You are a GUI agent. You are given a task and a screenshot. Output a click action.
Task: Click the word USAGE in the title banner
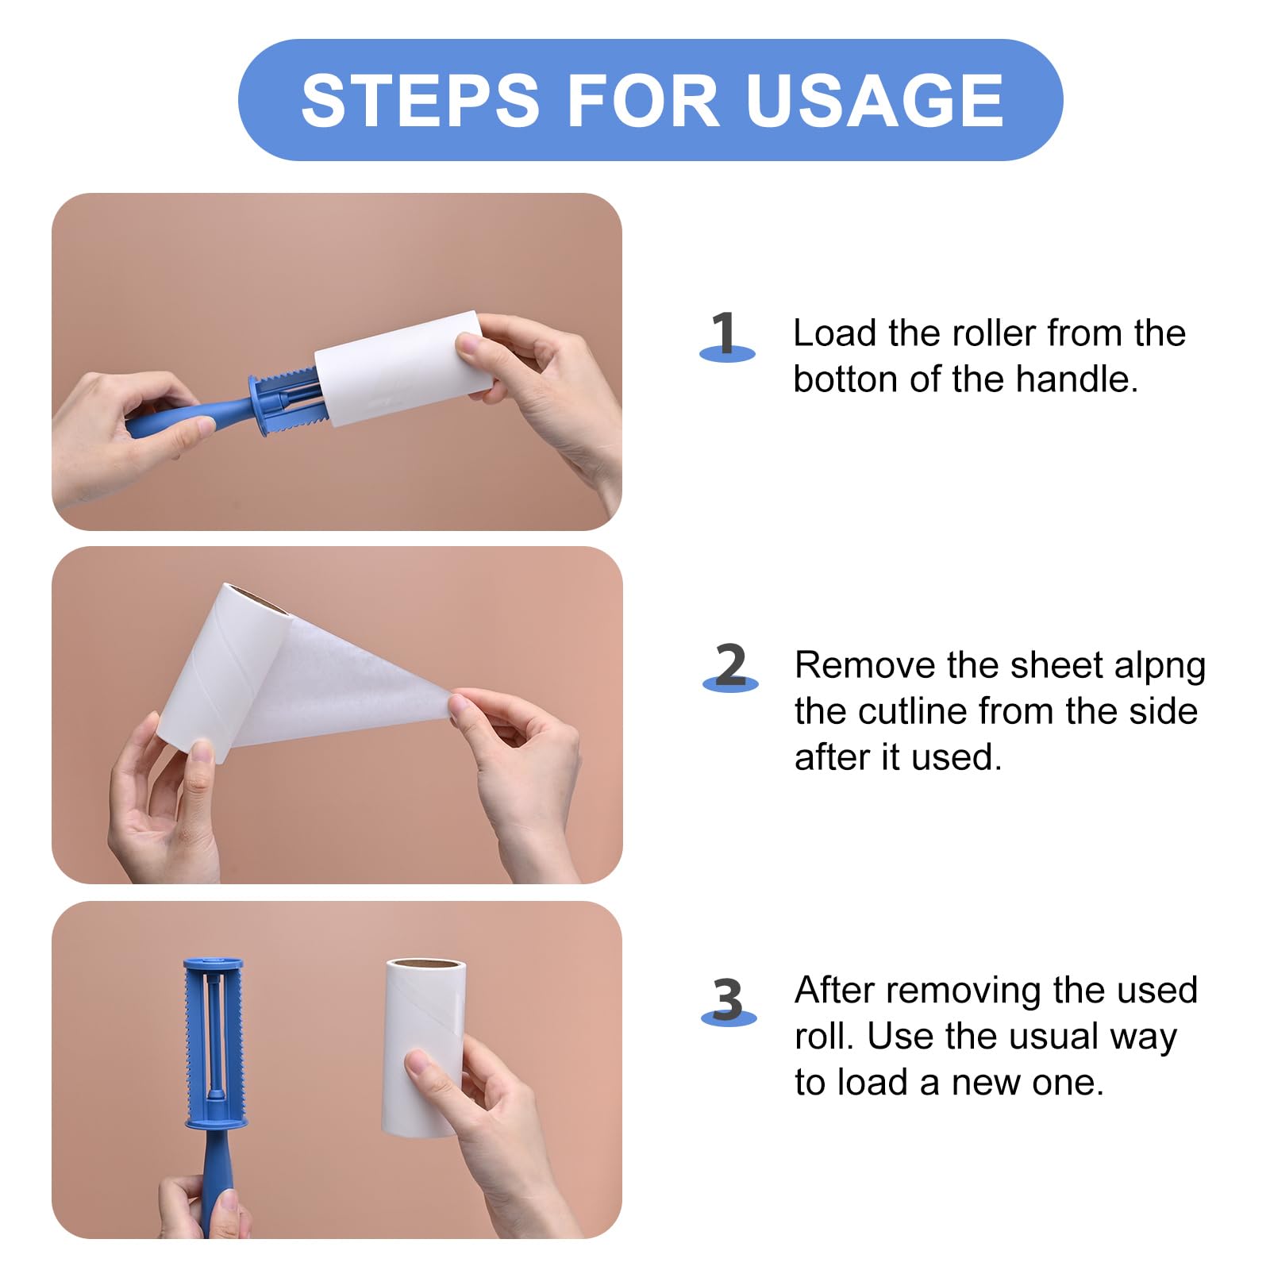click(x=875, y=101)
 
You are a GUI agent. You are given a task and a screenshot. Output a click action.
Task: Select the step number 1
click(x=724, y=333)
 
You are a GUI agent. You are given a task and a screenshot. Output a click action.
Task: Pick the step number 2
click(x=730, y=664)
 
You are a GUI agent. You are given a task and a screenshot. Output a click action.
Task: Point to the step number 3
click(x=728, y=999)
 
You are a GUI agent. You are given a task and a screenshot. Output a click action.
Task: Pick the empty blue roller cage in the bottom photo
click(x=214, y=1044)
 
